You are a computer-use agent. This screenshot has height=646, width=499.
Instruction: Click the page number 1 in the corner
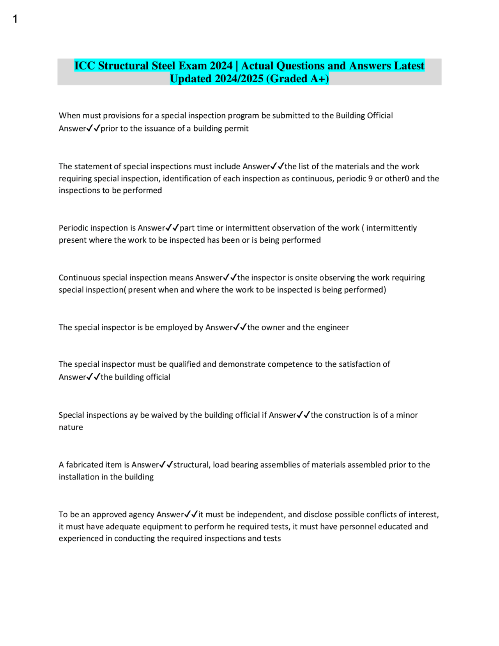pyautogui.click(x=15, y=19)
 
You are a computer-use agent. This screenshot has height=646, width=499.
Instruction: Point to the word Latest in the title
pyautogui.click(x=409, y=66)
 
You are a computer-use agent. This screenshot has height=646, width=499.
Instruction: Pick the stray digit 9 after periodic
pyautogui.click(x=370, y=178)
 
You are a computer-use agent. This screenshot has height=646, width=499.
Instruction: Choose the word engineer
pyautogui.click(x=333, y=327)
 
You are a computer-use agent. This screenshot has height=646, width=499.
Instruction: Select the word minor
pyautogui.click(x=407, y=415)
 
